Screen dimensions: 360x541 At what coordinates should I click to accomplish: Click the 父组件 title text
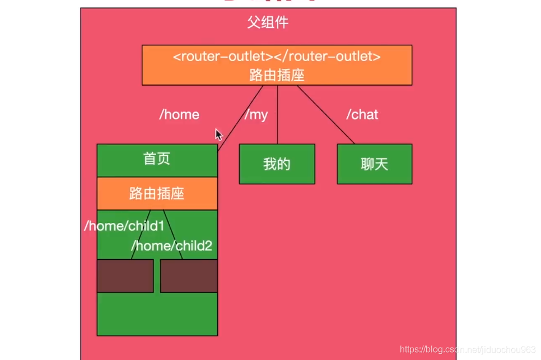268,23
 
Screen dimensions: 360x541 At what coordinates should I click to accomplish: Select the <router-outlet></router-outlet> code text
277,57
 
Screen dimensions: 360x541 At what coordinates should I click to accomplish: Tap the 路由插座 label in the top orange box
277,74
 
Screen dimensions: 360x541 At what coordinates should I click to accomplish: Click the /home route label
179,115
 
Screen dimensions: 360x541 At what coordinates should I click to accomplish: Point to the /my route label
256,115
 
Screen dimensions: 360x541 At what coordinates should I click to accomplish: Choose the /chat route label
362,115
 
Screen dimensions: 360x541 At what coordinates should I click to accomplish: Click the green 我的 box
277,164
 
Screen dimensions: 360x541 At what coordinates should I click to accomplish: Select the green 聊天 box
374,164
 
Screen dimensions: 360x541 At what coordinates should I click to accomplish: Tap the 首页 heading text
157,159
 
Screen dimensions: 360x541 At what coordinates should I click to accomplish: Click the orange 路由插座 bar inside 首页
157,194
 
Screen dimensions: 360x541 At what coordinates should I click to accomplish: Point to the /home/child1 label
124,226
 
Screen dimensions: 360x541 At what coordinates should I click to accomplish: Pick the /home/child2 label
172,245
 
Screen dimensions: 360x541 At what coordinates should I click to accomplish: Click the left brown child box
125,275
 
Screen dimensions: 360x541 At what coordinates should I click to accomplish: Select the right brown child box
189,275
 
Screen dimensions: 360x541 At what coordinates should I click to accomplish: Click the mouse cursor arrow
218,134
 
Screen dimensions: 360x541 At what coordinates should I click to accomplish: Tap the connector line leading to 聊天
326,115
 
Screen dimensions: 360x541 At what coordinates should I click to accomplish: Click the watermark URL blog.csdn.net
468,349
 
